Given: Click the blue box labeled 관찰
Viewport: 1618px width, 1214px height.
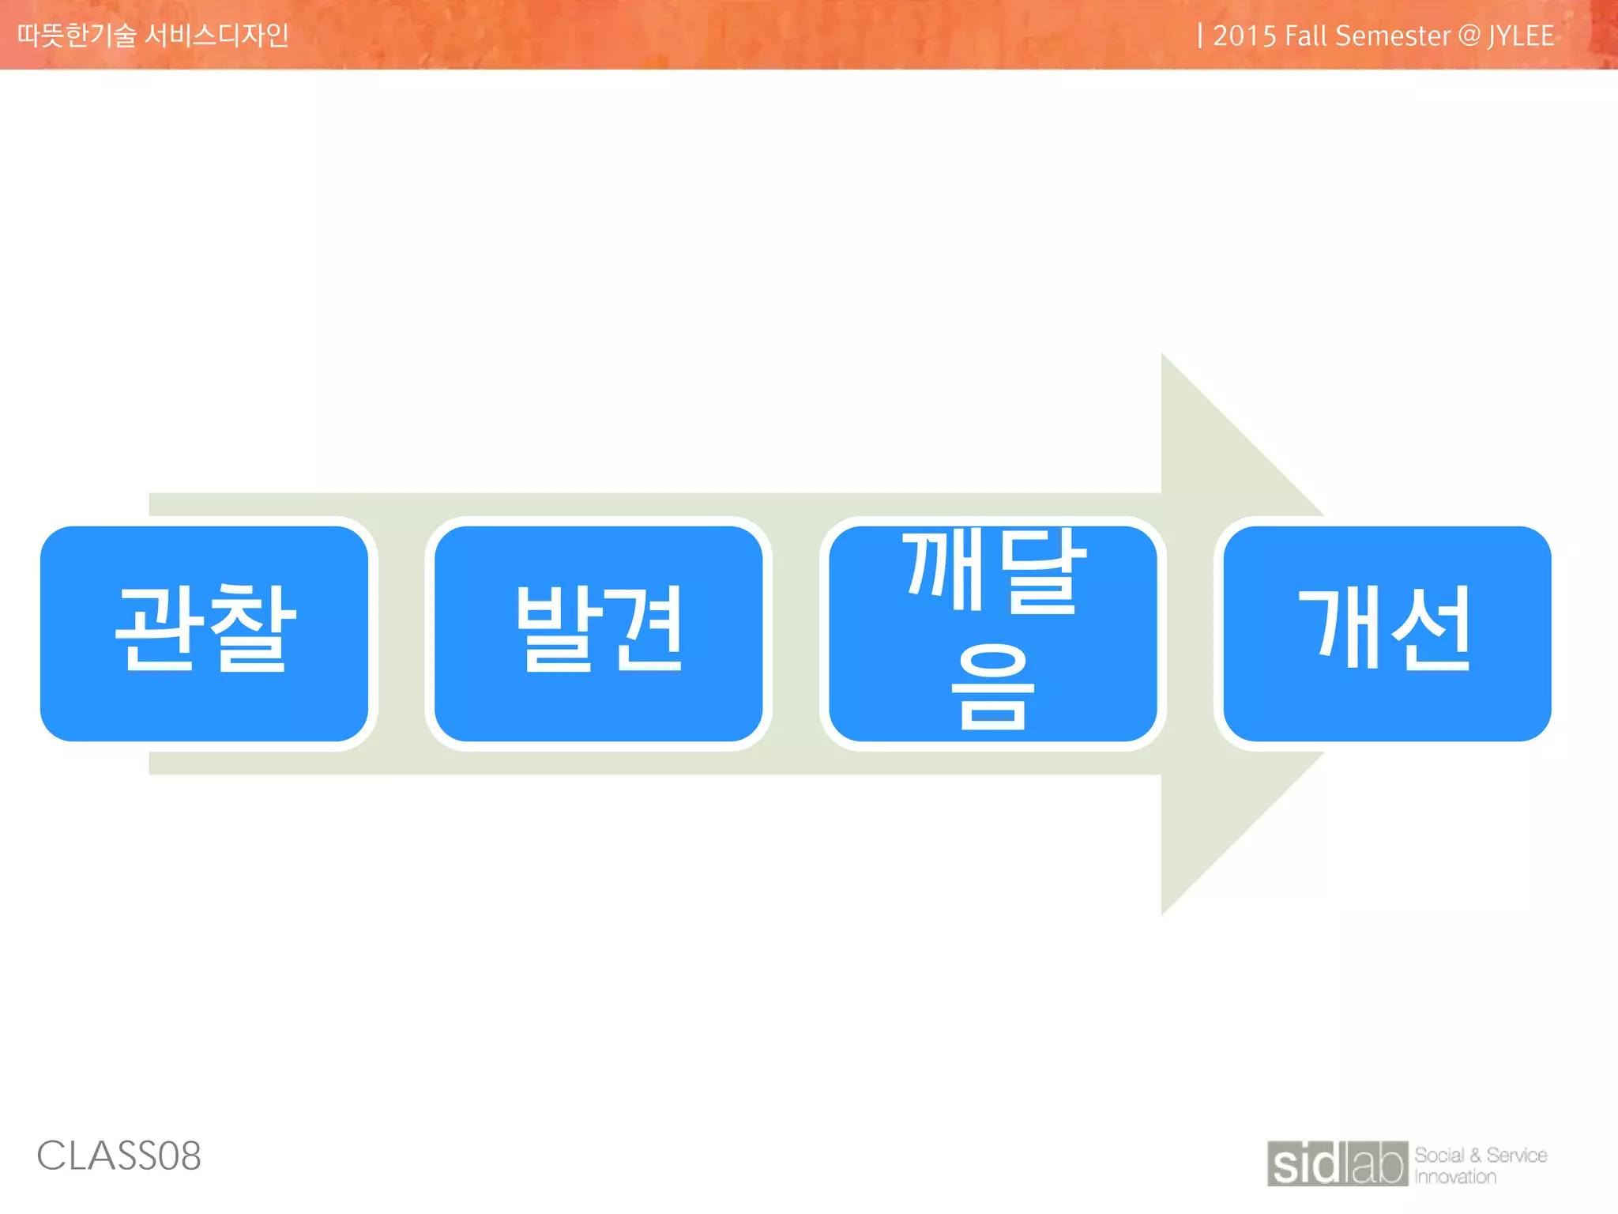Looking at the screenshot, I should click(x=204, y=633).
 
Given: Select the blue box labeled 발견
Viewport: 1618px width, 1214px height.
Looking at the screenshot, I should click(x=598, y=633).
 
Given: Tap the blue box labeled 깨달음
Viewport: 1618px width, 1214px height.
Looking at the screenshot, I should click(x=992, y=633).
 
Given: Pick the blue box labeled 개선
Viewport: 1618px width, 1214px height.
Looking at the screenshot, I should click(x=1387, y=633).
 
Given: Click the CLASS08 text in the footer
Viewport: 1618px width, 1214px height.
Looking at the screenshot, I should click(x=119, y=1156).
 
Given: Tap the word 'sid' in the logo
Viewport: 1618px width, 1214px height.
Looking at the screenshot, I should click(x=1308, y=1164).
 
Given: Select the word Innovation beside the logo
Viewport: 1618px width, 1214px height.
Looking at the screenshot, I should click(x=1455, y=1177).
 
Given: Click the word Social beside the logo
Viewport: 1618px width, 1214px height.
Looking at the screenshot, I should click(x=1439, y=1155).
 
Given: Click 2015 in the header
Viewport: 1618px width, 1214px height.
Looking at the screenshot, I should click(x=1244, y=36).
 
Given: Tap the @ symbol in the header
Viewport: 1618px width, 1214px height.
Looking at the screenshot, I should click(x=1469, y=36).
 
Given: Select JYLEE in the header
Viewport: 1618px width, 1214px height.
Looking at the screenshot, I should click(x=1521, y=36).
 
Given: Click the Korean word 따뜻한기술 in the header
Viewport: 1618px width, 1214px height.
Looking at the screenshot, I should click(x=77, y=35).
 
